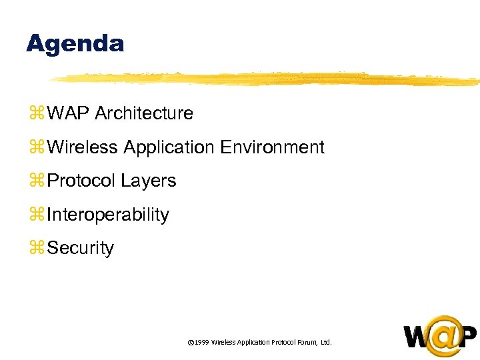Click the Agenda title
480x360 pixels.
tap(75, 44)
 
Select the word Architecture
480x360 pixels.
tap(144, 113)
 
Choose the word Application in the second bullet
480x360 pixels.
tap(168, 148)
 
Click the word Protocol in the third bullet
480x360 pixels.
tap(82, 181)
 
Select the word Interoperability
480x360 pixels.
tap(109, 215)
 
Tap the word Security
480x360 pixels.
tap(81, 248)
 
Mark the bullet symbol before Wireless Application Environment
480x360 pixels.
tap(35, 148)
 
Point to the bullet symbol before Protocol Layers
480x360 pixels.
tap(35, 181)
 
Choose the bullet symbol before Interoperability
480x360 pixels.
tap(35, 215)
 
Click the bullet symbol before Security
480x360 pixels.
tap(35, 249)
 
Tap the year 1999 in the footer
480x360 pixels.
tap(201, 342)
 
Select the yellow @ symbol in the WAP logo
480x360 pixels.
tap(441, 336)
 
